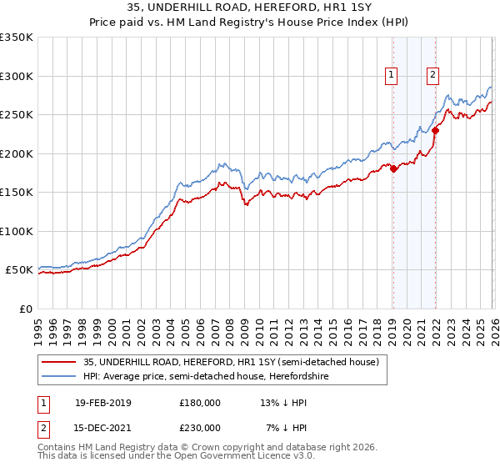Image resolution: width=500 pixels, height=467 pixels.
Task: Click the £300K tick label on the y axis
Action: [17, 76]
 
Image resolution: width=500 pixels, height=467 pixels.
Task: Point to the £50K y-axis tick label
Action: [19, 270]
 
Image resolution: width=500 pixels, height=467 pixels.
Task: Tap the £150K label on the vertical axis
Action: [17, 193]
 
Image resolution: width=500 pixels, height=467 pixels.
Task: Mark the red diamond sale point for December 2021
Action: [435, 131]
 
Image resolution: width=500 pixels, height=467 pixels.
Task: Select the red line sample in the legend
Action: [60, 362]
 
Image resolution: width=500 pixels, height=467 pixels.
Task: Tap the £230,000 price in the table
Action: [200, 428]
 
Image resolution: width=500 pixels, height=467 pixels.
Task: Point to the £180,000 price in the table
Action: [200, 403]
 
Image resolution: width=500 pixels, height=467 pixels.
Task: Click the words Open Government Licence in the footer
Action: [222, 458]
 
